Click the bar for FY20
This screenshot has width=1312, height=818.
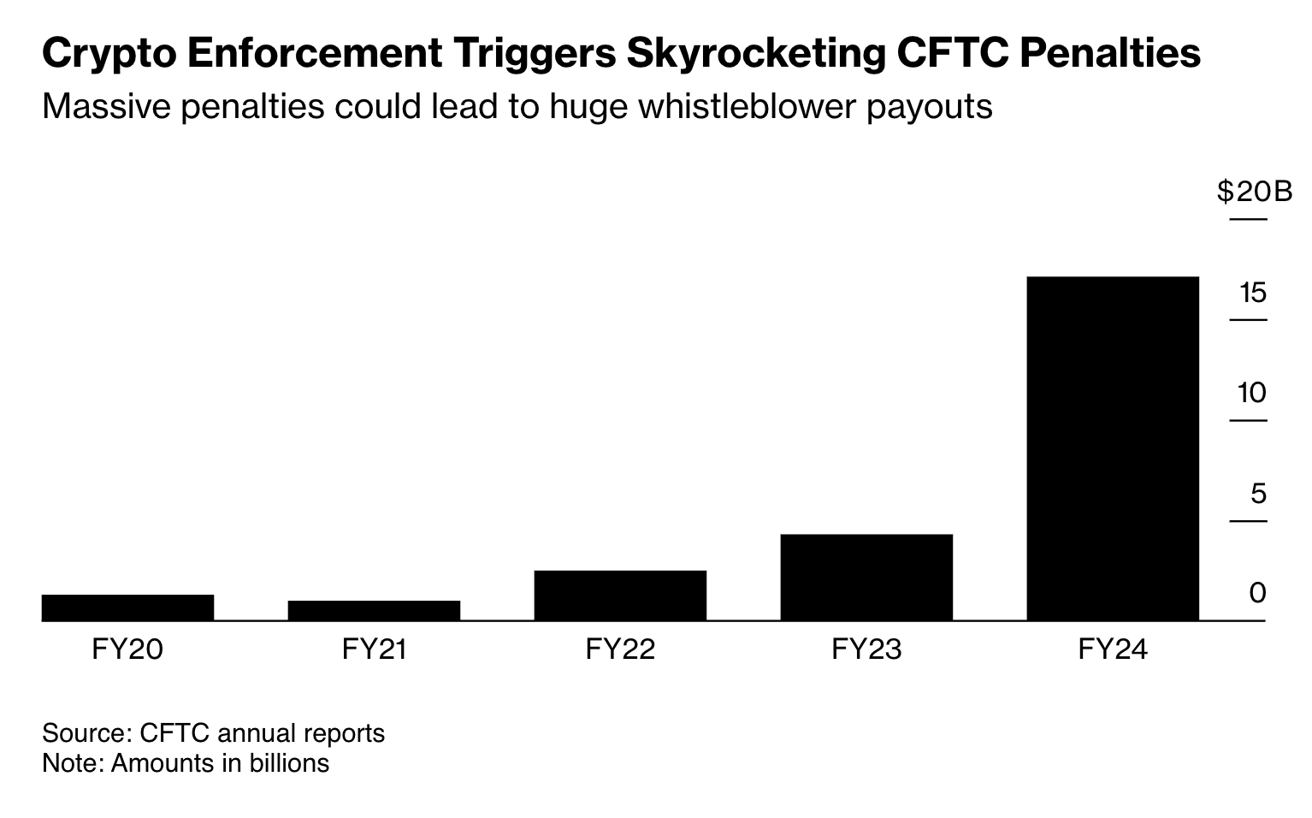click(127, 607)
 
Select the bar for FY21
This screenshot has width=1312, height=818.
click(374, 610)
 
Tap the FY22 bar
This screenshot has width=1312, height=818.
click(620, 595)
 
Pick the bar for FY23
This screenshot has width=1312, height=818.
click(866, 577)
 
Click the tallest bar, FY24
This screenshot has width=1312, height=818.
click(1113, 448)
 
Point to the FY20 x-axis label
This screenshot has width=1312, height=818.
click(127, 650)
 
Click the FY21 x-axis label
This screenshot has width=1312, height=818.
click(374, 650)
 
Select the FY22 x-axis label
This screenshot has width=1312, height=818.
click(620, 650)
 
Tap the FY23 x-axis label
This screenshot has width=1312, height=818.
click(866, 650)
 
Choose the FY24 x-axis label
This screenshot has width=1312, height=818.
click(1113, 650)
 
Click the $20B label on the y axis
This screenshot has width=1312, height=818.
click(1254, 193)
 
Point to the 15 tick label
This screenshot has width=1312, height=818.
click(1252, 293)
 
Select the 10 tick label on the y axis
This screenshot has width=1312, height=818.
click(1252, 394)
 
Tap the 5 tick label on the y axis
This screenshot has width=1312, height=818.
click(1257, 494)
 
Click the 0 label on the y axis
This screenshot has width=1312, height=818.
click(1257, 593)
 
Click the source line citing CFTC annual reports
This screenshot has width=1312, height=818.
click(213, 733)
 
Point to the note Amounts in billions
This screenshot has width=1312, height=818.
click(186, 762)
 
